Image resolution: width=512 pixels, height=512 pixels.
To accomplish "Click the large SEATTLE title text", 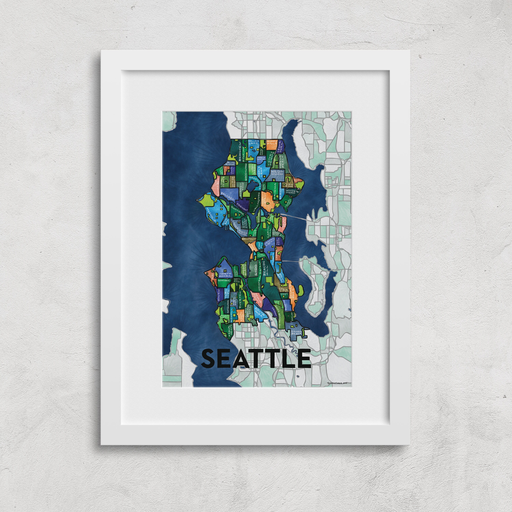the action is click(256, 358).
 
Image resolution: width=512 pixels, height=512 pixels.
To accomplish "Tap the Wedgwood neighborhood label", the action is click(277, 173).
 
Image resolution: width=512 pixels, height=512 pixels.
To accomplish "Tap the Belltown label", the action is click(249, 239).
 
